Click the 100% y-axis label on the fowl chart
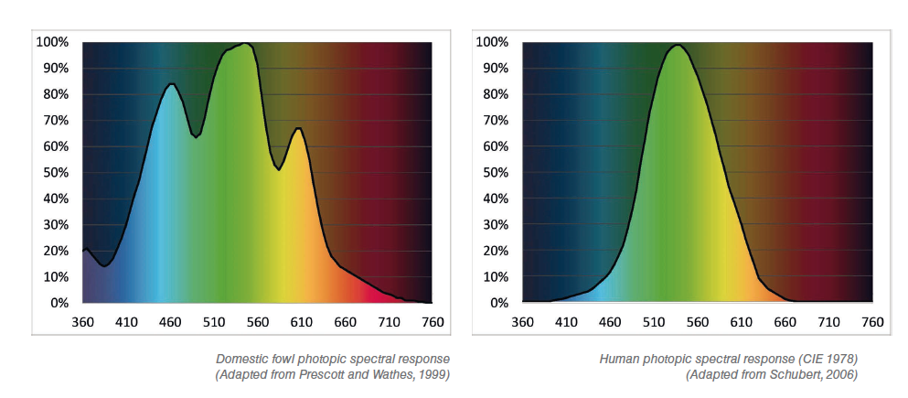53,42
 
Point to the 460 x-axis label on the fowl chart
170,322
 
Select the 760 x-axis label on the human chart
872,322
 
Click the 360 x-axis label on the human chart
523,322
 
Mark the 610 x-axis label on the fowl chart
301,322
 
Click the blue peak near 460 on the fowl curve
171,84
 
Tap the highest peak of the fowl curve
247,43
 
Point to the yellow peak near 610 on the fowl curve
298,129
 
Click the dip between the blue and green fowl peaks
197,137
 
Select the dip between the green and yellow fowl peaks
279,170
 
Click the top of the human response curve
677,45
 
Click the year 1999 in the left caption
437,375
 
